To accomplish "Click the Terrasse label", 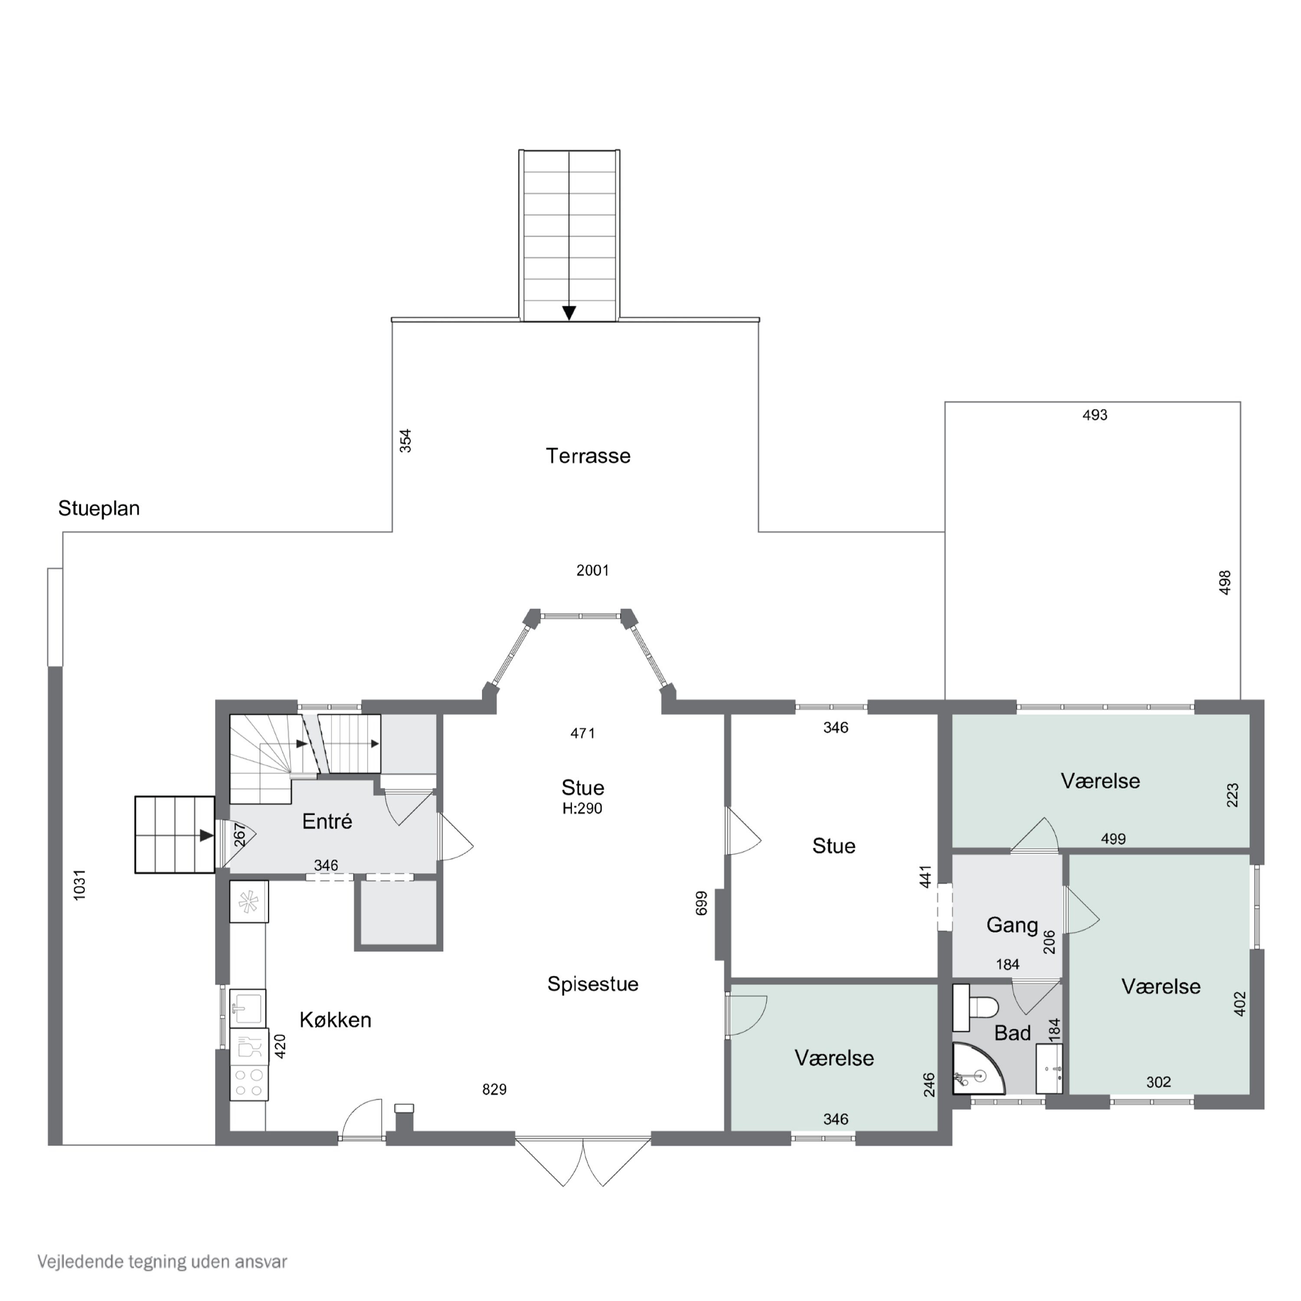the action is pyautogui.click(x=588, y=456).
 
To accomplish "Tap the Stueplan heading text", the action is pyautogui.click(x=99, y=508).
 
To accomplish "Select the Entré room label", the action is pyautogui.click(x=327, y=821).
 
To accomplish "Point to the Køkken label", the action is pyautogui.click(x=335, y=1020).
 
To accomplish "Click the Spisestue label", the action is pyautogui.click(x=592, y=984).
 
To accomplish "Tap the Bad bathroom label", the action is pyautogui.click(x=1012, y=1033).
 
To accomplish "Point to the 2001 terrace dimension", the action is pyautogui.click(x=592, y=570).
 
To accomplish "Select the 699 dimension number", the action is pyautogui.click(x=701, y=903).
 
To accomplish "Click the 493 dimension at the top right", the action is pyautogui.click(x=1095, y=415).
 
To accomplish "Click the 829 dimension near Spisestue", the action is pyautogui.click(x=494, y=1089).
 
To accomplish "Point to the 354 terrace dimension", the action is pyautogui.click(x=405, y=441).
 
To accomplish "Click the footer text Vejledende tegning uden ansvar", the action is pyautogui.click(x=162, y=1261).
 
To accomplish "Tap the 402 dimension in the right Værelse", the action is pyautogui.click(x=1240, y=1004).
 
